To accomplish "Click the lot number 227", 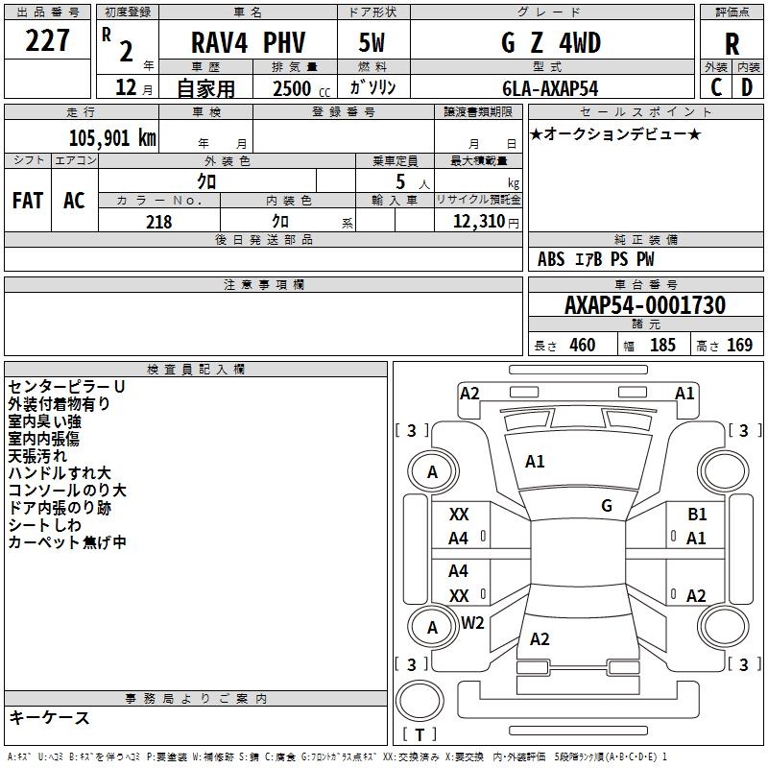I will (47, 40).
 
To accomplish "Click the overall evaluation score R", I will (732, 44).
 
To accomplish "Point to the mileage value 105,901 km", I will (112, 137).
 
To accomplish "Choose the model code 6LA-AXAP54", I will (549, 88).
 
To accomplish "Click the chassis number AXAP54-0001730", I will (645, 305).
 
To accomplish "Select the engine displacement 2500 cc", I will (293, 89).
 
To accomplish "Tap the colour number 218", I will (158, 222).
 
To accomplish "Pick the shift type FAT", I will (27, 201).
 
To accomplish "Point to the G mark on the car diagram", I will (607, 506).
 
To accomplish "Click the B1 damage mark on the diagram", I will (697, 516).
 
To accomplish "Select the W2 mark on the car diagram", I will (472, 623).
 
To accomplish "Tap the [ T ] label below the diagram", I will (420, 735).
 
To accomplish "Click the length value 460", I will (582, 346).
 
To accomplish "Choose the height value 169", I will (739, 346).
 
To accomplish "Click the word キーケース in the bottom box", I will (49, 717).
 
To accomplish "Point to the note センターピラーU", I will (66, 387).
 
